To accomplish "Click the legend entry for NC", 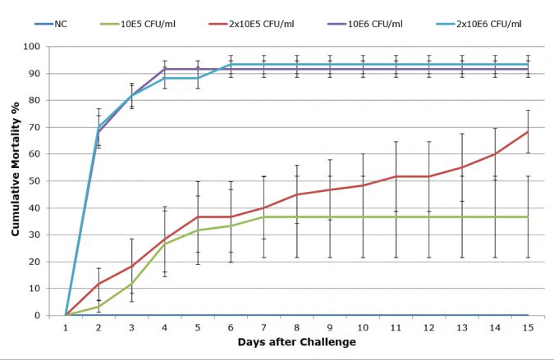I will pos(61,23).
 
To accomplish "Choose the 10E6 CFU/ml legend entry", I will pos(368,23).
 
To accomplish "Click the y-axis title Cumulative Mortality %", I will pos(16,181).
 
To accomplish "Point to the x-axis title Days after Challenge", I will pos(296,342).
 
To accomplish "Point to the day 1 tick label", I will pos(66,326).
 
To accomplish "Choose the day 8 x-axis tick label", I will pos(296,326).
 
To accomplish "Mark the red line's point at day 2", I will pos(98,284).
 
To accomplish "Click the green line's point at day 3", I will pos(131,284).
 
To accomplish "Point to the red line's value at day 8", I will pos(296,194).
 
